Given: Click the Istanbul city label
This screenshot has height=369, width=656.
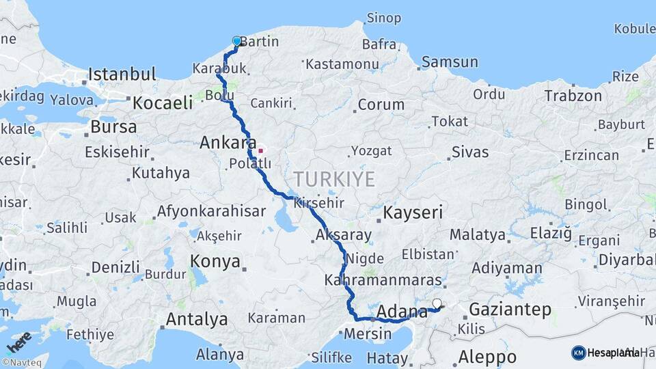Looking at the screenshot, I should pyautogui.click(x=122, y=74).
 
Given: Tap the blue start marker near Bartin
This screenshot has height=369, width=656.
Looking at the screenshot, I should pyautogui.click(x=237, y=41).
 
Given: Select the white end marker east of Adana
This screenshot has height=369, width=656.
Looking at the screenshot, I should pyautogui.click(x=437, y=303).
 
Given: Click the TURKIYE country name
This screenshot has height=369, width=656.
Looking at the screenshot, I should pyautogui.click(x=334, y=180).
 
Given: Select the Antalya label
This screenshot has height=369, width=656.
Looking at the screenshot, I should pyautogui.click(x=197, y=319).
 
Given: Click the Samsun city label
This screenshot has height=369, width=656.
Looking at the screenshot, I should pyautogui.click(x=450, y=62).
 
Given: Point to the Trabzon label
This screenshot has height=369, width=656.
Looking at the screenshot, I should pyautogui.click(x=573, y=96).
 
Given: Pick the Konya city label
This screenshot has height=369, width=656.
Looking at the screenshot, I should pyautogui.click(x=215, y=262).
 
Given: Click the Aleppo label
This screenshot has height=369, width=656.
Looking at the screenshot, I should pyautogui.click(x=487, y=356).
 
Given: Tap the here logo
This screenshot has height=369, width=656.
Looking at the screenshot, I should pyautogui.click(x=18, y=342).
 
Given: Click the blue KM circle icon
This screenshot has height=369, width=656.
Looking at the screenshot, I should pyautogui.click(x=578, y=353).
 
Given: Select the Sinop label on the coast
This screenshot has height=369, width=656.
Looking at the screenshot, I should pyautogui.click(x=383, y=18).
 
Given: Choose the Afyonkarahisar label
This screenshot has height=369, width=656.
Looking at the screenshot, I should pyautogui.click(x=211, y=211).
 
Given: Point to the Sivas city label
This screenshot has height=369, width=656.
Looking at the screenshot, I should pyautogui.click(x=470, y=151).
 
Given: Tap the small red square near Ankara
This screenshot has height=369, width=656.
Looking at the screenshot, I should pyautogui.click(x=260, y=150).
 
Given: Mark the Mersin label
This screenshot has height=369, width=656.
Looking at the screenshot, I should pyautogui.click(x=367, y=334).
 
